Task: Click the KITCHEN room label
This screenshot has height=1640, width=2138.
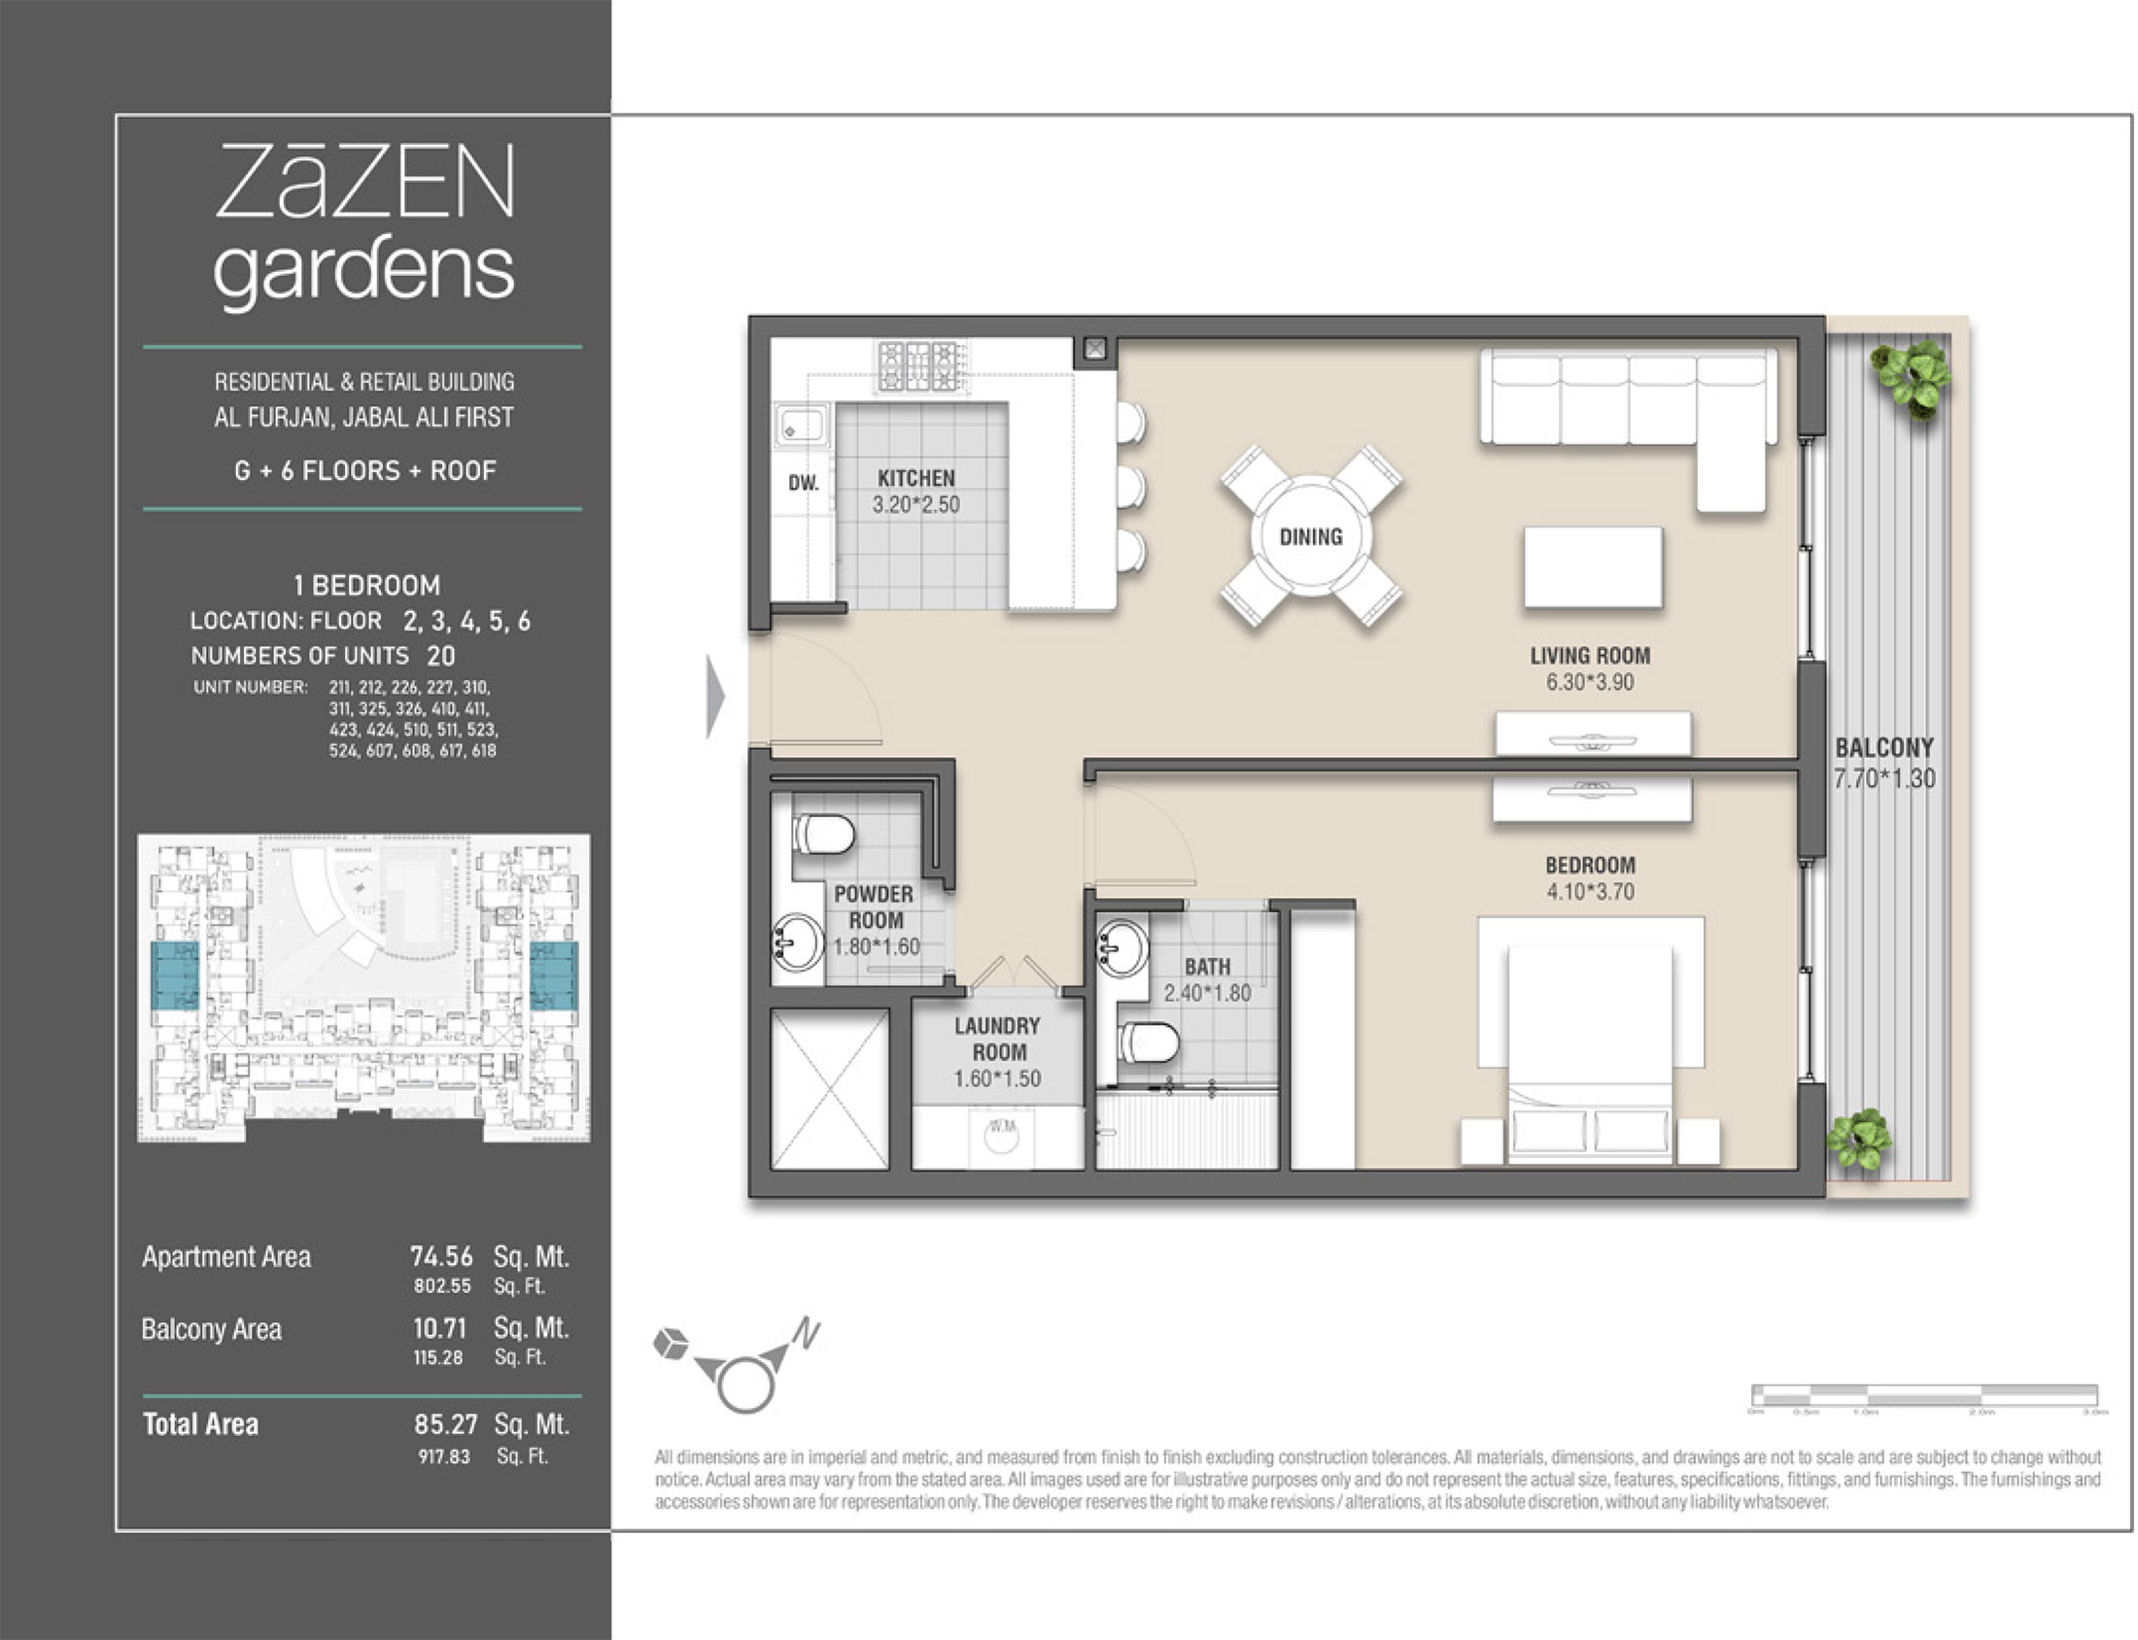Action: (x=915, y=478)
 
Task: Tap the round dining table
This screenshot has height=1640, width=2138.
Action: (x=1311, y=536)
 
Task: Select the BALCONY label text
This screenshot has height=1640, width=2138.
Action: (x=1884, y=748)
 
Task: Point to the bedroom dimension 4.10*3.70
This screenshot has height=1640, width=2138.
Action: (x=1589, y=891)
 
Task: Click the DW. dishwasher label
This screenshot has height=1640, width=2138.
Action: (x=804, y=482)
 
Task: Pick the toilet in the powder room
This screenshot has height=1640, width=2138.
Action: (x=825, y=835)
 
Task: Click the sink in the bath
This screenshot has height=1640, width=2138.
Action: (x=1121, y=944)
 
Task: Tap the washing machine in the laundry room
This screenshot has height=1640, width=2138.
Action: (x=1002, y=1138)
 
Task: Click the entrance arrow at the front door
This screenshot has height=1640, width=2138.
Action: (x=716, y=696)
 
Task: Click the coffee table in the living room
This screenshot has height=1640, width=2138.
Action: (x=1592, y=567)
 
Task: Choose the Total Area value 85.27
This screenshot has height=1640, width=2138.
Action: (x=445, y=1424)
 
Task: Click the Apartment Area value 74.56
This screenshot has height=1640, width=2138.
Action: (x=441, y=1256)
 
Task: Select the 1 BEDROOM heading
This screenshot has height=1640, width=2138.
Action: (x=367, y=585)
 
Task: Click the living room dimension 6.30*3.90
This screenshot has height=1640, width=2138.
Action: (x=1589, y=682)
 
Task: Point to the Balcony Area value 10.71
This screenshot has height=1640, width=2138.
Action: (x=439, y=1328)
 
